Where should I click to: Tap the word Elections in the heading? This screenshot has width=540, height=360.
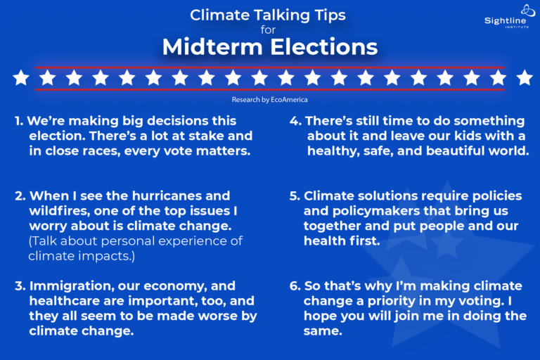point(319,47)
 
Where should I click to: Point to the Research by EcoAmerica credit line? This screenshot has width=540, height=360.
point(270,100)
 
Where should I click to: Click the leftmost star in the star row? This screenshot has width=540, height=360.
point(21,78)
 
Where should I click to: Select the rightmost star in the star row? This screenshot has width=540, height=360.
point(524,78)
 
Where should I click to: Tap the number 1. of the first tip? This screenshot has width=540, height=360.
point(19,121)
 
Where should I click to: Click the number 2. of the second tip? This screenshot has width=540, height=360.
point(20,195)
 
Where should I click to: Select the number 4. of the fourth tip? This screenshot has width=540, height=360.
point(295,121)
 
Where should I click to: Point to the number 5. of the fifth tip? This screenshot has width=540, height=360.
point(295,195)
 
